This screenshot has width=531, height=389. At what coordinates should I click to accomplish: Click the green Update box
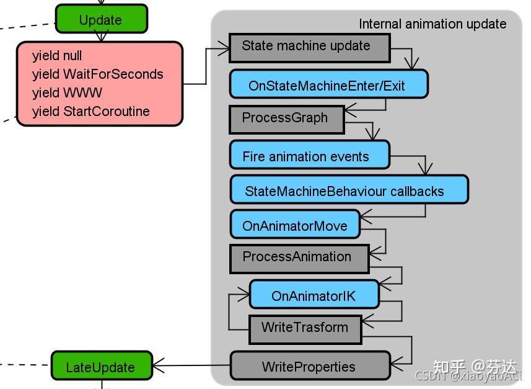101,19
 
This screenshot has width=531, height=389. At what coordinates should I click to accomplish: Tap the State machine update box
310,48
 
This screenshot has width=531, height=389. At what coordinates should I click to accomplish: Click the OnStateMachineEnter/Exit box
328,84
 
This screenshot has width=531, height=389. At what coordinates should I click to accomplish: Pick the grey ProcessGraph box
286,119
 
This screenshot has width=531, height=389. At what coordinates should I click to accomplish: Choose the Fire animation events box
310,154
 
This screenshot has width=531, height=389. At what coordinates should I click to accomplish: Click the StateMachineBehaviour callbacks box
349,189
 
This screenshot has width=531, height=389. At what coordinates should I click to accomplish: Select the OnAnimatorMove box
295,224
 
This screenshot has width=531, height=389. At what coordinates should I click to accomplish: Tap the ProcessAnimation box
299,259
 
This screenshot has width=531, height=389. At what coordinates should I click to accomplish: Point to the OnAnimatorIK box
314,294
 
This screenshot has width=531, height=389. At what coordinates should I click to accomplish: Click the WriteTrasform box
305,329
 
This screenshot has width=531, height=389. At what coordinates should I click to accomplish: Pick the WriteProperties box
310,365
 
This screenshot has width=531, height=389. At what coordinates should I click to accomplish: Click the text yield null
57,56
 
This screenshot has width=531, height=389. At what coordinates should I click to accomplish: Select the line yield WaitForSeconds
97,74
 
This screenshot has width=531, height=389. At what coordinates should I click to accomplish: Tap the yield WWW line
67,92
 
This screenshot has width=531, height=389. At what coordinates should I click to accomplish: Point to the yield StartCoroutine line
90,111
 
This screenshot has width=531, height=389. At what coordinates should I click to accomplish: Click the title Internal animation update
432,24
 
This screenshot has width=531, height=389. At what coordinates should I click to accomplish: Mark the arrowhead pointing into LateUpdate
157,365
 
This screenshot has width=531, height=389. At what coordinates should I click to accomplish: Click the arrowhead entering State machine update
224,48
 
